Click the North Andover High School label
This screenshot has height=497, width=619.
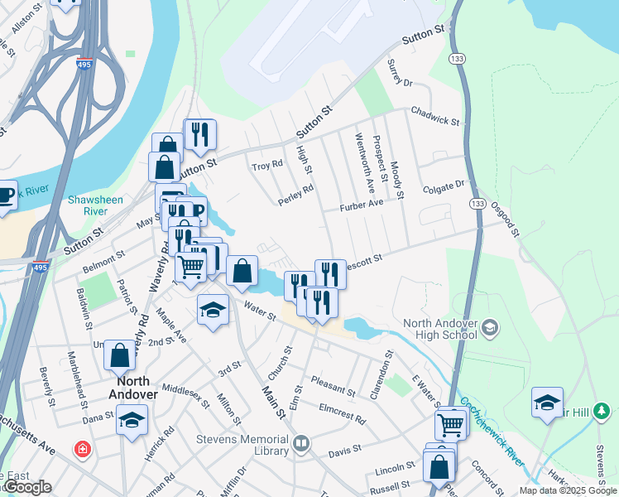pos(439,329)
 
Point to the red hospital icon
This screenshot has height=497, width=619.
pos(82,450)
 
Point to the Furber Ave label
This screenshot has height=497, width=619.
pos(361,204)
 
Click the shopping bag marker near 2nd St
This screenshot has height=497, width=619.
pos(119,355)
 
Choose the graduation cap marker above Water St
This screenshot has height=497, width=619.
pos(213,310)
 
